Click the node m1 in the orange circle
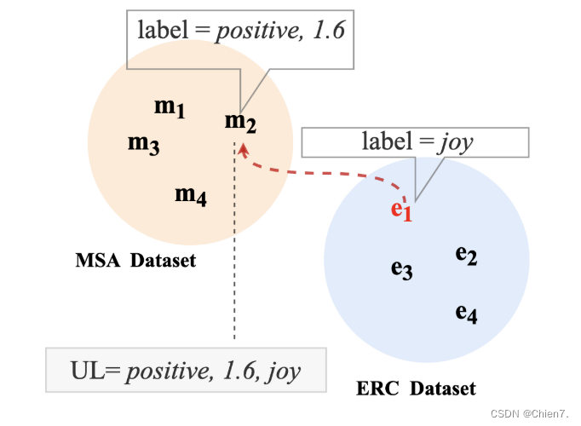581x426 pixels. [x=170, y=108]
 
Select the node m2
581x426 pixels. [x=240, y=123]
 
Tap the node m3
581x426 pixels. [x=143, y=144]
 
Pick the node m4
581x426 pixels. [x=191, y=195]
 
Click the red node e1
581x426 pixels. [x=401, y=210]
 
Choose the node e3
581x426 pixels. [x=401, y=269]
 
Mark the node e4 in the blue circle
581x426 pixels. [x=466, y=313]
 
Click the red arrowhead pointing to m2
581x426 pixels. [x=244, y=150]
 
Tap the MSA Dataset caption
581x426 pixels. [x=135, y=261]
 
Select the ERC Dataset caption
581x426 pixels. [x=416, y=389]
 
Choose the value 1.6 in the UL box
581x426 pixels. [x=234, y=371]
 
